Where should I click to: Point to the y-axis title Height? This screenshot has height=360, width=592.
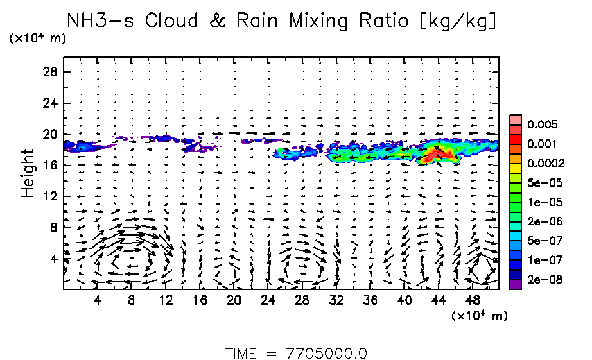[x=28, y=172]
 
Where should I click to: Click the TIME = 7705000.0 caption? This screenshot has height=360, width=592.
[x=296, y=352]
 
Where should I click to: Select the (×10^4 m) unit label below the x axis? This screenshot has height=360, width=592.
[x=480, y=316]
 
